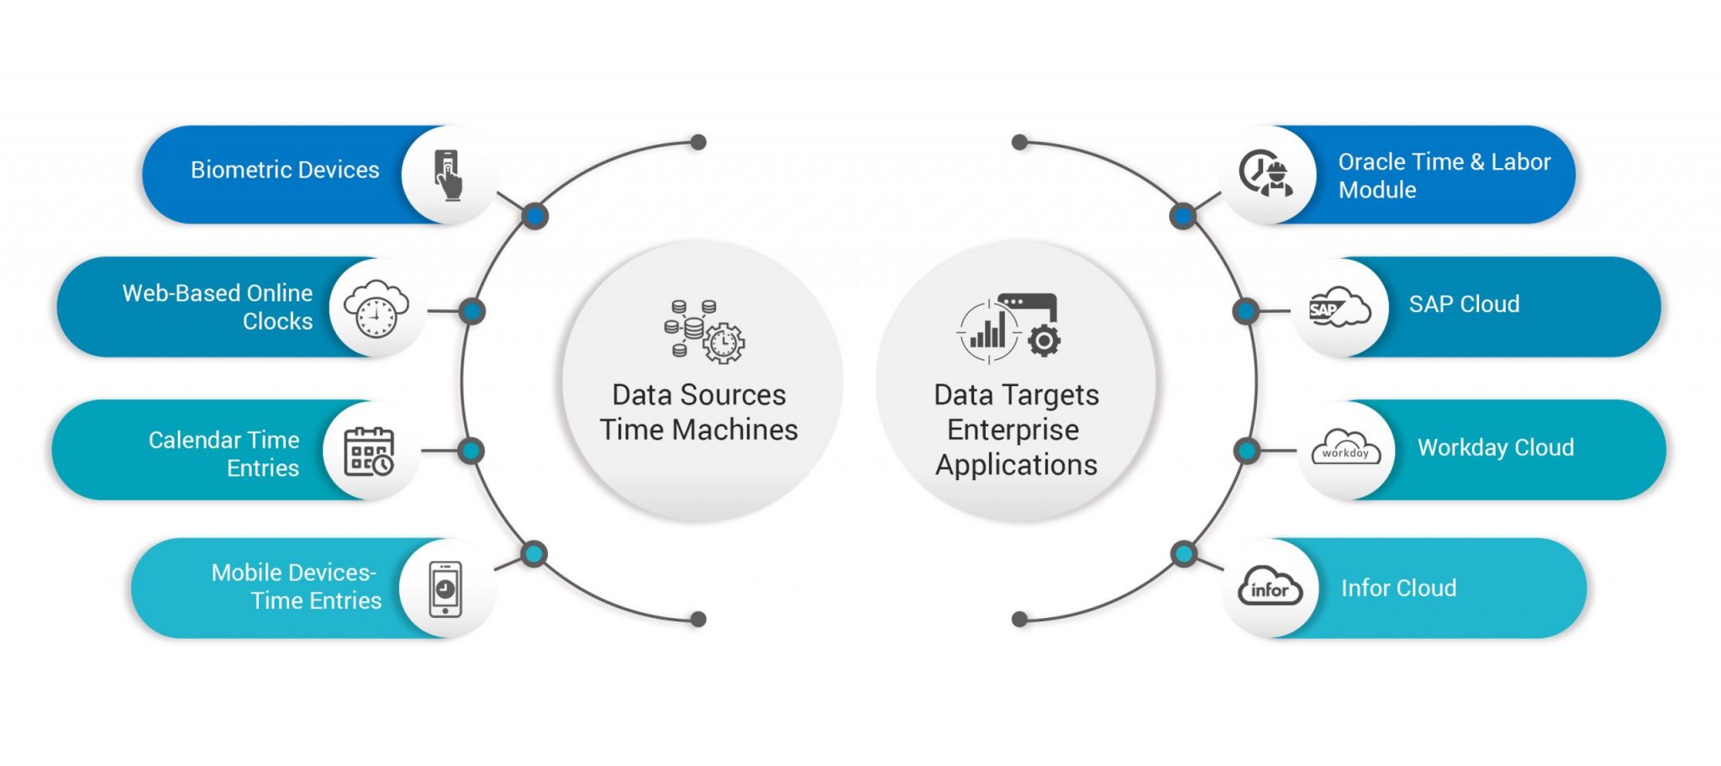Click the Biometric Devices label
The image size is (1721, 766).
pos(285,170)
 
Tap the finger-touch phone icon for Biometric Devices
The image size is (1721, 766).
pos(448,174)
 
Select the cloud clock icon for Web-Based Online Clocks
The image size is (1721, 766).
pos(376,309)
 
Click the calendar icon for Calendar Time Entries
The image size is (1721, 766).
pos(369,452)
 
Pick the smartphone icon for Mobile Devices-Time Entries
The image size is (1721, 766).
pos(445,589)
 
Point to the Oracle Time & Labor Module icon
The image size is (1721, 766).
pos(1266,173)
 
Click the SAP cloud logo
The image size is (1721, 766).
pos(1339,308)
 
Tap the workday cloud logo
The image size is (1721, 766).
pos(1345,448)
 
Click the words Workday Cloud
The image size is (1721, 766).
pos(1495,447)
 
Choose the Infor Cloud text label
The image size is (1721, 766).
pos(1398,589)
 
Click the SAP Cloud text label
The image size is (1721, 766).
pos(1464,304)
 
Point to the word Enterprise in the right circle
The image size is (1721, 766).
pos(1013,430)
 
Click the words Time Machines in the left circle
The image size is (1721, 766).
pos(698,430)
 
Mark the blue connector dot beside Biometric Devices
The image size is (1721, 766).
pos(534,216)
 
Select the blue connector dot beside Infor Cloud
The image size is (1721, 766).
pos(1183,554)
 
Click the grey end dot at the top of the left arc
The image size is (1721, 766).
pos(697,142)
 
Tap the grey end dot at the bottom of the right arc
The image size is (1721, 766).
pos(1020,620)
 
